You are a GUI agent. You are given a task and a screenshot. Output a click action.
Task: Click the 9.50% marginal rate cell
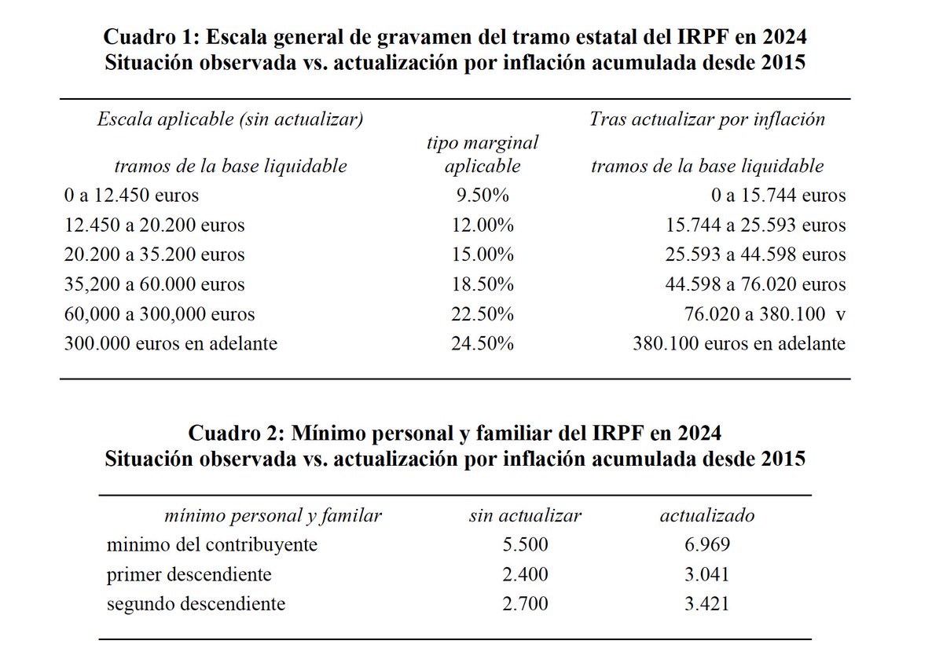(x=482, y=196)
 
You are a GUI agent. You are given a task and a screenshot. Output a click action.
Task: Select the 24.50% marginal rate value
(x=482, y=343)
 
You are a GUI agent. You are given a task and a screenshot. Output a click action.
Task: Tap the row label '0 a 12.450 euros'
(x=133, y=196)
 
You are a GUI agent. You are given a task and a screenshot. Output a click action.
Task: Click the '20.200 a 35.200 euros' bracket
(x=156, y=254)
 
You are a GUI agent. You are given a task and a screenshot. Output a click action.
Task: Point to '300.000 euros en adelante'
(x=171, y=343)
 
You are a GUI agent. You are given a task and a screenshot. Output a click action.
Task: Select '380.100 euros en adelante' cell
(x=739, y=343)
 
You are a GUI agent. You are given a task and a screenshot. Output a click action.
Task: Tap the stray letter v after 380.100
(x=841, y=313)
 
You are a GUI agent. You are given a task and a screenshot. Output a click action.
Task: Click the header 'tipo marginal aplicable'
(x=482, y=154)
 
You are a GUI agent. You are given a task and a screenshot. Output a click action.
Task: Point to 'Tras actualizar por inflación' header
(x=707, y=119)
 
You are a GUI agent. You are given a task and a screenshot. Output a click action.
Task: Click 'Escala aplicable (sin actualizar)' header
(x=229, y=119)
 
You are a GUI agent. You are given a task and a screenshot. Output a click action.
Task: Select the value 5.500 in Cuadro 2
(x=525, y=545)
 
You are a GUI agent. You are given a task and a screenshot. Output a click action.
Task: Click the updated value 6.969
(x=706, y=545)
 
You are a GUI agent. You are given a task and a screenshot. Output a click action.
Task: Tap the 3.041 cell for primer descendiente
(x=706, y=575)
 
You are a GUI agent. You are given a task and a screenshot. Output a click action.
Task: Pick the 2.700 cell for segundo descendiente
(x=525, y=604)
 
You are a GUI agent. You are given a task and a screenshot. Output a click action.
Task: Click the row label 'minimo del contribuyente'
(x=212, y=545)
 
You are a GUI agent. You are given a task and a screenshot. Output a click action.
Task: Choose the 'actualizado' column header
(x=706, y=515)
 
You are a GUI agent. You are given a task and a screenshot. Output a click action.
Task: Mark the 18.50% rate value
(x=482, y=284)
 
